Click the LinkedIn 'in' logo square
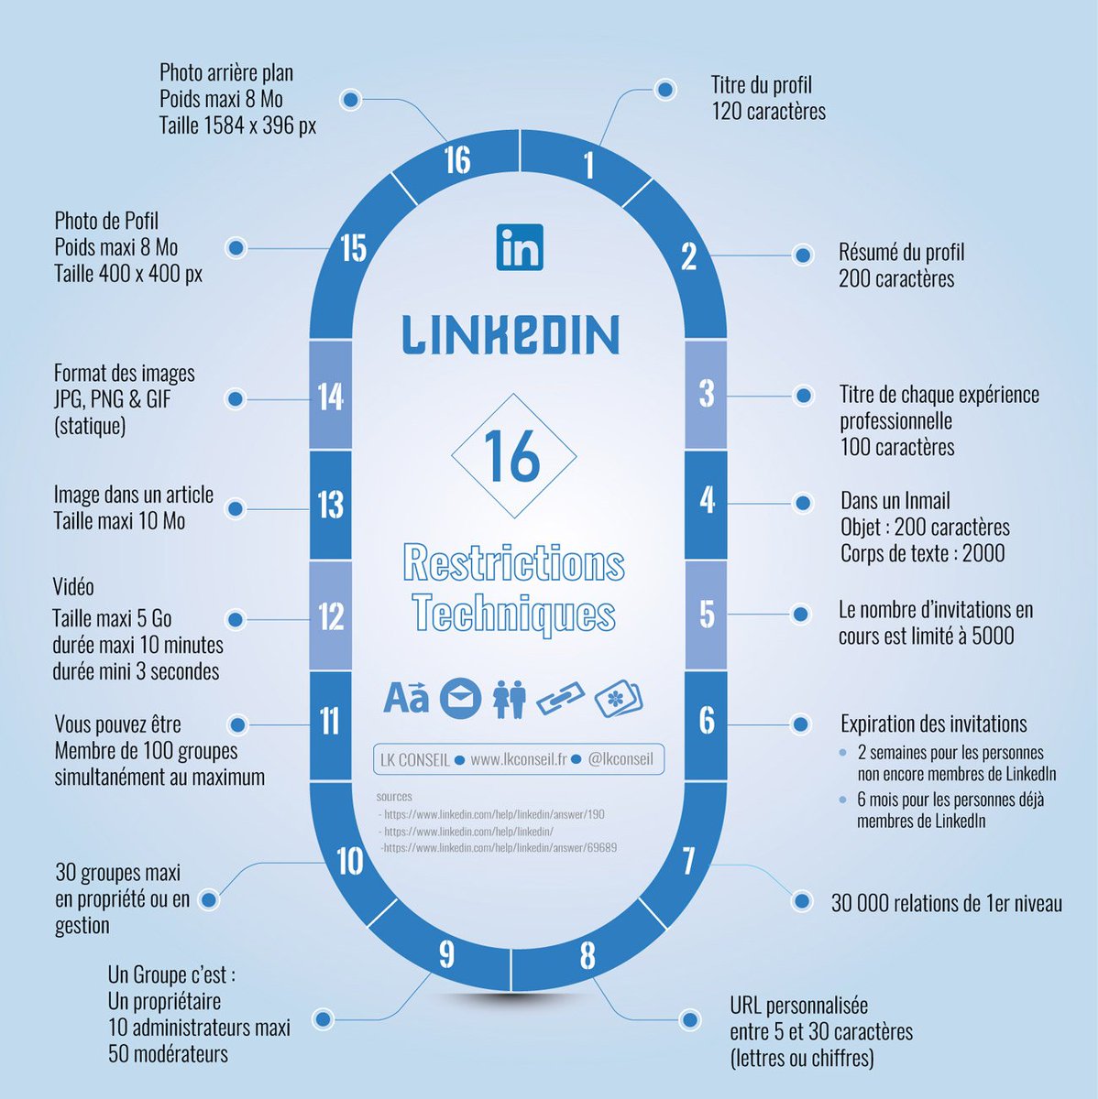click(x=520, y=247)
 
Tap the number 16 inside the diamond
click(x=513, y=456)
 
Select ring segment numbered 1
click(x=587, y=165)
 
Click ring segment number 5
click(x=706, y=614)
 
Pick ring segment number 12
click(x=330, y=615)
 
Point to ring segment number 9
click(x=446, y=954)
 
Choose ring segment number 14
click(x=330, y=397)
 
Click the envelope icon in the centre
click(x=460, y=699)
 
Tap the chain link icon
click(x=560, y=699)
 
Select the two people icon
click(x=510, y=699)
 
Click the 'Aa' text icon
click(x=405, y=698)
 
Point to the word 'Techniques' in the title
click(x=513, y=612)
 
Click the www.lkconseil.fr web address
click(x=519, y=759)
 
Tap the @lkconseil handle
click(x=620, y=759)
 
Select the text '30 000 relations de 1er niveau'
click(x=946, y=904)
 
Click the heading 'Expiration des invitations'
click(x=933, y=724)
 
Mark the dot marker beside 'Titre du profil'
click(x=665, y=90)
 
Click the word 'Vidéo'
click(x=73, y=587)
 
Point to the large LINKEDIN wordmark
click(x=511, y=334)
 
